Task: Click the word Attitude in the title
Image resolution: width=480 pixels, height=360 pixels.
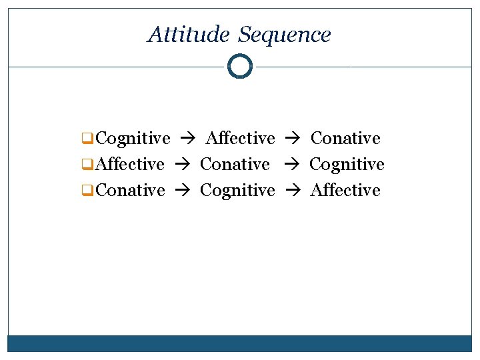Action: [189, 34]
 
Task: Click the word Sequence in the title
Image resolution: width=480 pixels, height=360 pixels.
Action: [284, 34]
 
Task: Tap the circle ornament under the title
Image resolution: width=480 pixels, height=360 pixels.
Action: [240, 67]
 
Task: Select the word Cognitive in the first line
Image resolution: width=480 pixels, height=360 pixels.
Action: [133, 139]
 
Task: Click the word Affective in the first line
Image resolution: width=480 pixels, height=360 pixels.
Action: [241, 139]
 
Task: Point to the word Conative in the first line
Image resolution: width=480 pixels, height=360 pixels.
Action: [345, 139]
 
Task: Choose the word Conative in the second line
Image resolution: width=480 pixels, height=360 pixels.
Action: [235, 164]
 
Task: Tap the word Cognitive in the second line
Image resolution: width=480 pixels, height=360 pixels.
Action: [347, 164]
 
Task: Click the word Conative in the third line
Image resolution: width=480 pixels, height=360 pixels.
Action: [131, 190]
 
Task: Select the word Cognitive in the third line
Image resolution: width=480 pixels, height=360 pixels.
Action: [237, 190]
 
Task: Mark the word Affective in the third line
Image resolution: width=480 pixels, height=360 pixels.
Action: [345, 190]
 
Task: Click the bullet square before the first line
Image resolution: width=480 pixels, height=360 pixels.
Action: [85, 139]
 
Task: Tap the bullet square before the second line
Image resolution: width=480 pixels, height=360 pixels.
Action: [85, 165]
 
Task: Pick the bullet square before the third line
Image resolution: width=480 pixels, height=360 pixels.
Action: [85, 191]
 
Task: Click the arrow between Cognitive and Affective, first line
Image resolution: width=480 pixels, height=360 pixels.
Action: [187, 139]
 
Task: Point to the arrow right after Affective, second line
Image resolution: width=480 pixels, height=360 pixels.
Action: [181, 165]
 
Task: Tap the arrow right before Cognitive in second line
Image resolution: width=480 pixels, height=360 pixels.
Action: [290, 165]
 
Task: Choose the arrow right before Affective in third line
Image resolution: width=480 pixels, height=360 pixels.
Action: [292, 191]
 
